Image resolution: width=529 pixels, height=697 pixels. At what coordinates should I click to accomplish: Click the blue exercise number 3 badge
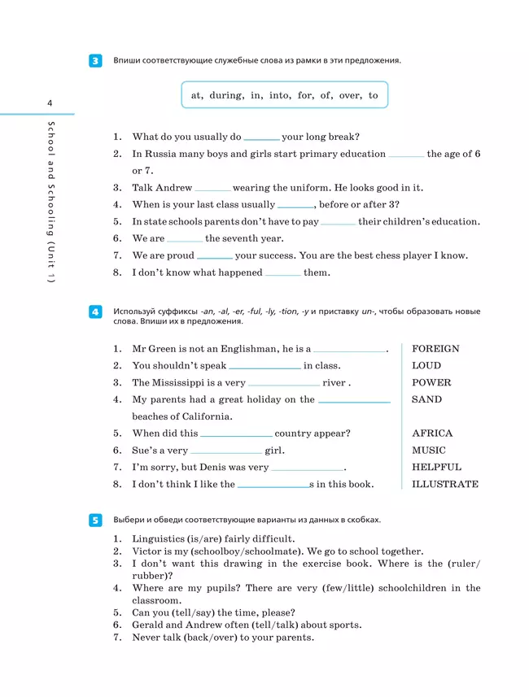coord(95,61)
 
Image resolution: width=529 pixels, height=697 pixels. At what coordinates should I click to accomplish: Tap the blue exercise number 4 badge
coord(95,312)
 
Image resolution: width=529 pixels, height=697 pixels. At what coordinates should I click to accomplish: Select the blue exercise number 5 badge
coord(95,520)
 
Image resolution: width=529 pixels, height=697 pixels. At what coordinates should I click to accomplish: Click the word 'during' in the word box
coord(225,95)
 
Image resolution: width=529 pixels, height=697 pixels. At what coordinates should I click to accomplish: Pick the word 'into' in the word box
coord(279,95)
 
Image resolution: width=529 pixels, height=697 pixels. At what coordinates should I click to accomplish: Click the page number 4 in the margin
coord(50,102)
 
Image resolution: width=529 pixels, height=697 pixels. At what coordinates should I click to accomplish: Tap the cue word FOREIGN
coord(435,349)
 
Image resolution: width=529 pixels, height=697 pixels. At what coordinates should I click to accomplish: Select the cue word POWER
coord(431,383)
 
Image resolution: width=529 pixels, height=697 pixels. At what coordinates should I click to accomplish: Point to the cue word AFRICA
coord(432,433)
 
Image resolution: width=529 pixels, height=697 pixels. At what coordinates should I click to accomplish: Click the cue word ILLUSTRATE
coord(445,485)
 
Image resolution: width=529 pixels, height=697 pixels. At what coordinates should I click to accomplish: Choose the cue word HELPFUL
coord(436,468)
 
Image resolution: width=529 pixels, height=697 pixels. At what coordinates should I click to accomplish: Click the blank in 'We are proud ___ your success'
coord(215,256)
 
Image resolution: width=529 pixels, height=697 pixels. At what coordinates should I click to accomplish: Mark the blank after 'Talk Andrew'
coord(212,189)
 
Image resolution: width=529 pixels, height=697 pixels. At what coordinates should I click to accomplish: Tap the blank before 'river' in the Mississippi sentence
coord(283,384)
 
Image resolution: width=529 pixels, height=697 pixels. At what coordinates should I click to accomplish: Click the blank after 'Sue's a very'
coord(226,451)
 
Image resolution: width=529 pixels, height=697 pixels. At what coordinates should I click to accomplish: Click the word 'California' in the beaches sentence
coord(207,416)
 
